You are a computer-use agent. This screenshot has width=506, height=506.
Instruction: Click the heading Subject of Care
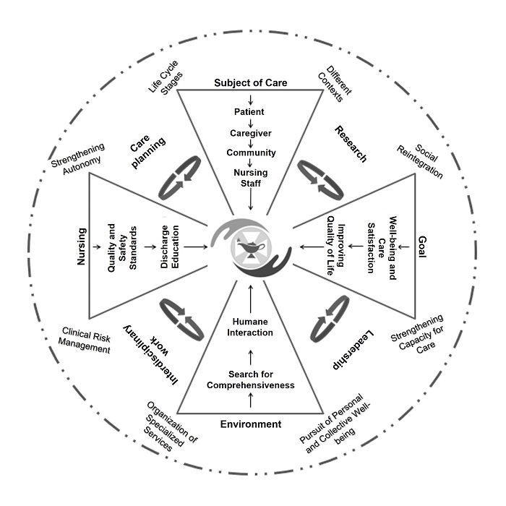coord(251,83)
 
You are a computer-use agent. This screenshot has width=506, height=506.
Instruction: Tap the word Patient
coord(249,112)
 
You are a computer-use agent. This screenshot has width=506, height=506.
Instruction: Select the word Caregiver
coord(251,133)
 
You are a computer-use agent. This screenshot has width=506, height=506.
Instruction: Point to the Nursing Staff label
coord(251,178)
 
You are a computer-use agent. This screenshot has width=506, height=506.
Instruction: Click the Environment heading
coord(251,424)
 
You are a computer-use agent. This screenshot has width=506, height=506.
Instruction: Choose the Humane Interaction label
coord(250,327)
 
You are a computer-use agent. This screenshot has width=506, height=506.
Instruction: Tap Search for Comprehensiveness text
coord(251,379)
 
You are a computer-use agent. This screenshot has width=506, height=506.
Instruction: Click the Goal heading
coord(422,247)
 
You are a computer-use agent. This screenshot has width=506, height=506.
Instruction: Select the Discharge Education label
coord(170,247)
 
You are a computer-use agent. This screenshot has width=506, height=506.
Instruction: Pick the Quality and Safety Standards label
coord(122,248)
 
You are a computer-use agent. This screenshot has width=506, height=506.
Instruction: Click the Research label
coord(351,144)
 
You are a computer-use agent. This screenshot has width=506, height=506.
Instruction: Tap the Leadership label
coord(353,349)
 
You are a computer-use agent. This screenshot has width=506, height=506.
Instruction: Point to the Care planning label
coord(147,151)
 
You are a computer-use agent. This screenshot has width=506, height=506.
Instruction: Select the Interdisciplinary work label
coord(151,355)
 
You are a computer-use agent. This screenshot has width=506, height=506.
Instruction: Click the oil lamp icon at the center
coord(251,247)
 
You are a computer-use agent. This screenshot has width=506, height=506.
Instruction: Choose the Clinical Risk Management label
coord(85,340)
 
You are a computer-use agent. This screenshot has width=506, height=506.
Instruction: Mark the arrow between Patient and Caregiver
coord(250,123)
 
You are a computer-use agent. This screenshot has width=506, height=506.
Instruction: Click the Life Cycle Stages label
coord(166,78)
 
